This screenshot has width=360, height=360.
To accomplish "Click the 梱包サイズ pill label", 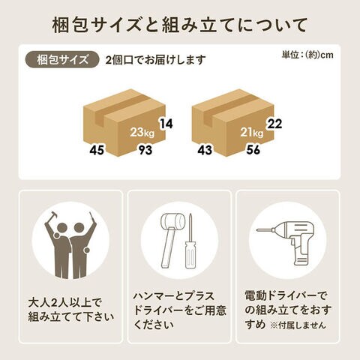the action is coord(62,59).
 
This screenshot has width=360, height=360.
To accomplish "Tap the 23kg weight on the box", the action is coord(142,132).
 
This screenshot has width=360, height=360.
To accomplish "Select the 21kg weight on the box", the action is coord(252,132).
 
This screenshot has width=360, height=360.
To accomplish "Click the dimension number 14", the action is coord(166,124).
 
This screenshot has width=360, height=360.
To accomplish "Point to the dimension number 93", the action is coord(145,150).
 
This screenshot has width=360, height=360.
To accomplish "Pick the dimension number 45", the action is coord(97,150).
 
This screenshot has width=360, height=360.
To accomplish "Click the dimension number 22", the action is coord(274,124).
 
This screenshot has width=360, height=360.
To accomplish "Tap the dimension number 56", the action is coord(253,150).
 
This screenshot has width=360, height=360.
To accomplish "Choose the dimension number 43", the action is coord(205,150).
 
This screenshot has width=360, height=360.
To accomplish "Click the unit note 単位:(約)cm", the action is coord(307,55).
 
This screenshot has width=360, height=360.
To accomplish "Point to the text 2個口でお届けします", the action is coord(155,60).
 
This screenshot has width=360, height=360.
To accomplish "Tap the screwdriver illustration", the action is coord(190,241).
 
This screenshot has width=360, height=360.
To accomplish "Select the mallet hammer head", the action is coord(172,220).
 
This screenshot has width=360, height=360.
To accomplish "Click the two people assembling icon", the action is coord(70,245).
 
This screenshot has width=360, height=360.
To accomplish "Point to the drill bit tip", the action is coord(257,229).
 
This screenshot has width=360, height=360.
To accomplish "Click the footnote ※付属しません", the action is coord(298,325).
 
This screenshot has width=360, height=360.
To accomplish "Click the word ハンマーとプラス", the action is coord(174,296).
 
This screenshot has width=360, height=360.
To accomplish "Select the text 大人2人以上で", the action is coord(65,303).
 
